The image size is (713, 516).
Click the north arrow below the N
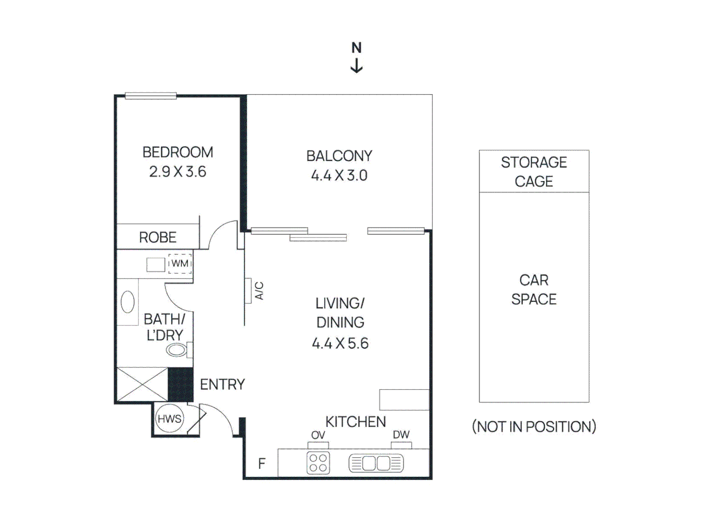coord(356,66)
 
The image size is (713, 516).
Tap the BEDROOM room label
coord(178,152)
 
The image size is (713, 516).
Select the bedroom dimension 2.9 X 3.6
coord(178,172)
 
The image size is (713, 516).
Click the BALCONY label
coord(339,156)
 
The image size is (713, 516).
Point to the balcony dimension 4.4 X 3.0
coord(339,175)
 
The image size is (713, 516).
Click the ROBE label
coord(157,237)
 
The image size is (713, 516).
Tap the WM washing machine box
coord(180,264)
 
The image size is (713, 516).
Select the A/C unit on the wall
coord(248,290)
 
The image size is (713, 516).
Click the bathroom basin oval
coord(128,302)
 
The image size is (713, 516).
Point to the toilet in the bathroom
coord(178,350)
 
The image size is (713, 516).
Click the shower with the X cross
coord(142,384)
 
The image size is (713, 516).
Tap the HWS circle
coord(169,419)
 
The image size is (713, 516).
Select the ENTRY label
coord(222,385)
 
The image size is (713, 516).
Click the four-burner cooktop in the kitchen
coord(318,462)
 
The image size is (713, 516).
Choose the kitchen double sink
coord(376,463)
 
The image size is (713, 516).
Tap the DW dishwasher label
coord(401,435)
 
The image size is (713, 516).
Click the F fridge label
coord(262,463)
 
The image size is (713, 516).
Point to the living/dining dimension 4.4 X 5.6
coord(340,344)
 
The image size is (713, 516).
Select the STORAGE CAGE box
coord(534,172)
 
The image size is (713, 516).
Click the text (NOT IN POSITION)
coord(534,427)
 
